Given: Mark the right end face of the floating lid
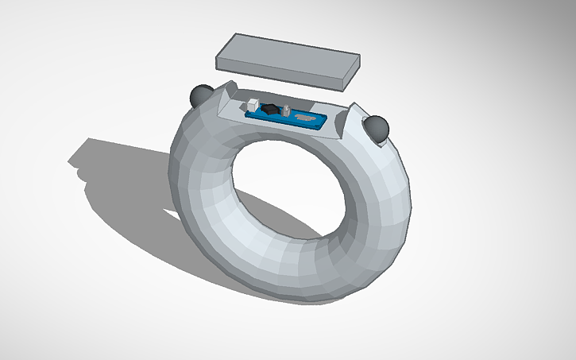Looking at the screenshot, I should tap(351, 69).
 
